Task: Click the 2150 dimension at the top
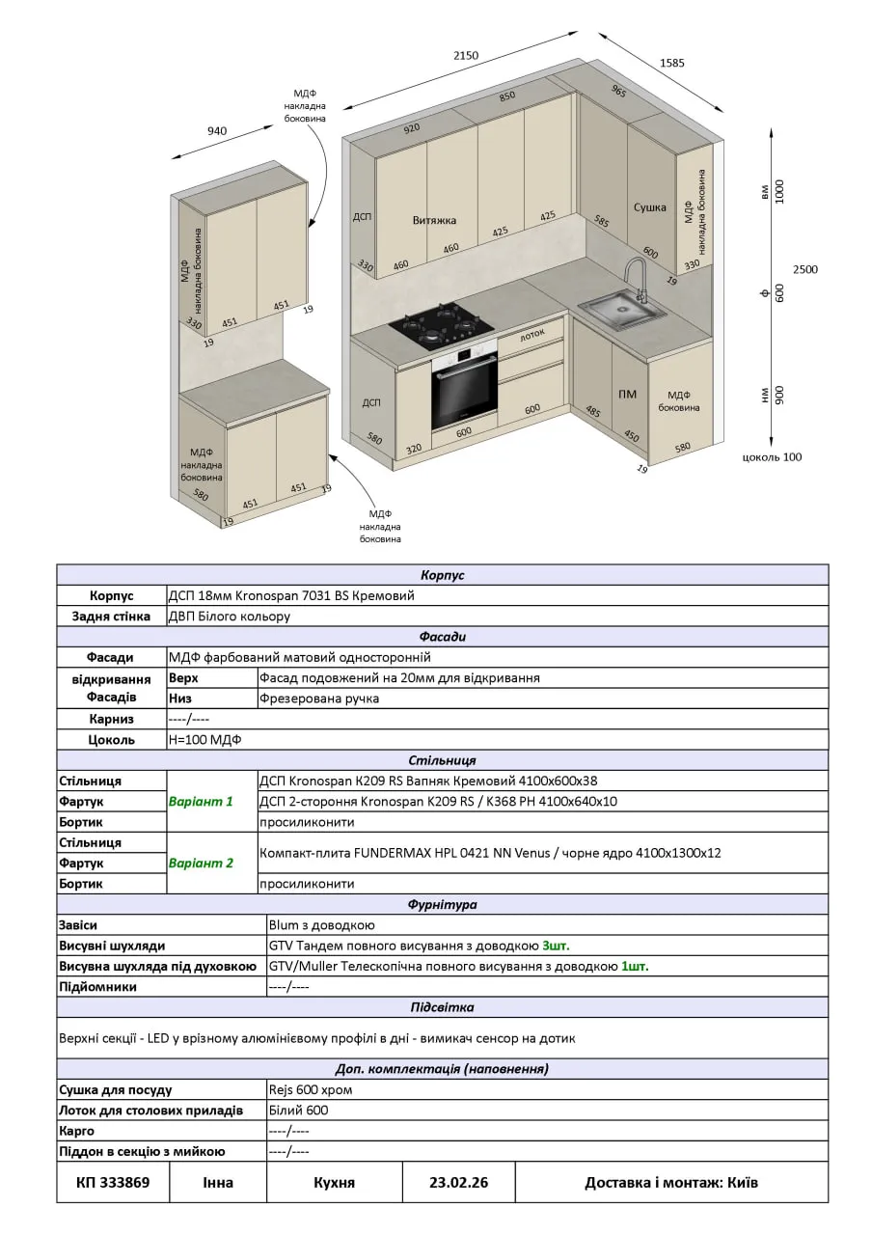(x=466, y=56)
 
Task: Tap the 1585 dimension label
(x=672, y=64)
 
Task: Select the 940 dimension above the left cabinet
(x=217, y=131)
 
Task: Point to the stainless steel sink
(x=621, y=310)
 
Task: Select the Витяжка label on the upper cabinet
(x=434, y=220)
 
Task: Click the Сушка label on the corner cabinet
(x=649, y=207)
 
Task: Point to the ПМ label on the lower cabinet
(x=628, y=394)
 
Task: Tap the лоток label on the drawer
(x=532, y=336)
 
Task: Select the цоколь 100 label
(x=772, y=457)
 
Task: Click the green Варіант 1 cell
(x=201, y=801)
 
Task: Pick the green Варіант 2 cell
(x=201, y=863)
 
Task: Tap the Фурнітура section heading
(x=442, y=905)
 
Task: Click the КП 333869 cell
(x=113, y=1182)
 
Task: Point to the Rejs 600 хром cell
(x=311, y=1089)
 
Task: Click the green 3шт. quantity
(x=562, y=946)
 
